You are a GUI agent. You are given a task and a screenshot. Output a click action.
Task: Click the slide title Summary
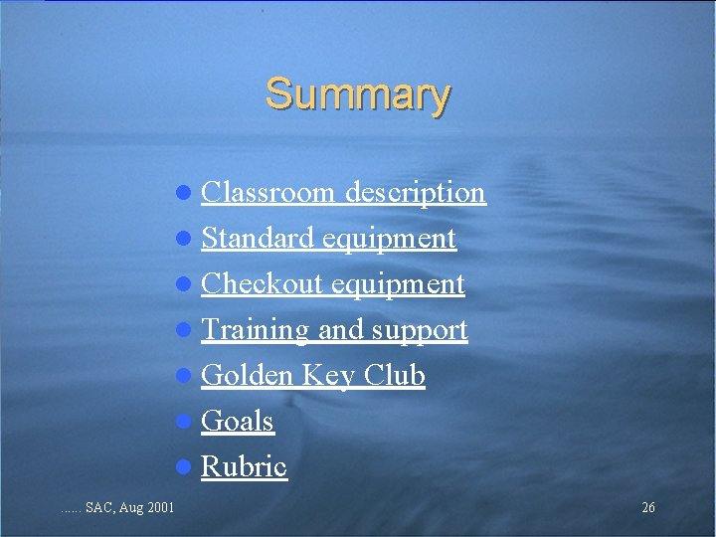(358, 94)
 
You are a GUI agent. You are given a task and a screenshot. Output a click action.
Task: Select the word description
(415, 192)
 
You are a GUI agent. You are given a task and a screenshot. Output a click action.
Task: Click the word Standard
(259, 239)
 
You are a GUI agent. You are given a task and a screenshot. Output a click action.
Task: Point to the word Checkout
(262, 284)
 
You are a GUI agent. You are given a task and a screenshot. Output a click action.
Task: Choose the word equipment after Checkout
(398, 284)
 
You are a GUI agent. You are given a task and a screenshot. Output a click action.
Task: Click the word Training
(256, 330)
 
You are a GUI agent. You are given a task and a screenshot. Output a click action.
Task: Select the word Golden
(247, 376)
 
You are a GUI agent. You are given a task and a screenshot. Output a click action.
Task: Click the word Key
(328, 376)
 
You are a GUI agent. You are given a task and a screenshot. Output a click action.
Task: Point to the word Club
(395, 376)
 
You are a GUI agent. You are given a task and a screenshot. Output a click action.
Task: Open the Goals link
(237, 422)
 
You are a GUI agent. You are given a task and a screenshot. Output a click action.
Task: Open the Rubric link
(244, 467)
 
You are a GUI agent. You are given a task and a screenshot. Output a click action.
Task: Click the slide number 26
(648, 508)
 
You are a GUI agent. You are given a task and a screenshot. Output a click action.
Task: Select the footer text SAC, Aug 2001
(129, 508)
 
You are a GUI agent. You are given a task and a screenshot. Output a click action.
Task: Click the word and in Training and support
(339, 330)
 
